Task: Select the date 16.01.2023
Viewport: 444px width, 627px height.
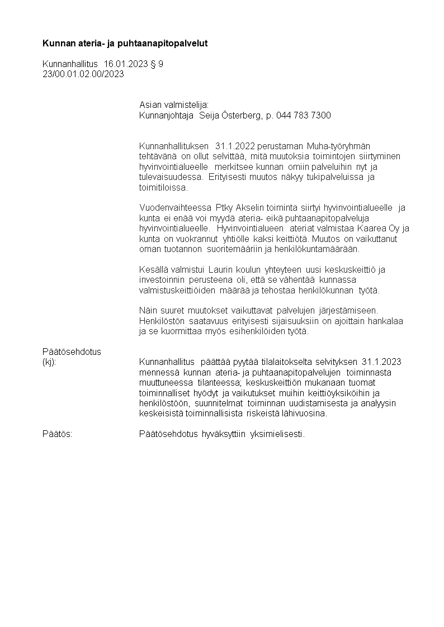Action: (126, 64)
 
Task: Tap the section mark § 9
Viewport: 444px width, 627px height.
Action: (157, 64)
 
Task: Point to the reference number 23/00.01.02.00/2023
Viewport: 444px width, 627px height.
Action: (83, 74)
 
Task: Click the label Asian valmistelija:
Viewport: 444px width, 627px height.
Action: (173, 104)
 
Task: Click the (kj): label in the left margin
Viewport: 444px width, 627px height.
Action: (50, 362)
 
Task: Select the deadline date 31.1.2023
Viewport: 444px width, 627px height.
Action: (381, 362)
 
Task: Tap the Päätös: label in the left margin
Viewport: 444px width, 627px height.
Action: (58, 434)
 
